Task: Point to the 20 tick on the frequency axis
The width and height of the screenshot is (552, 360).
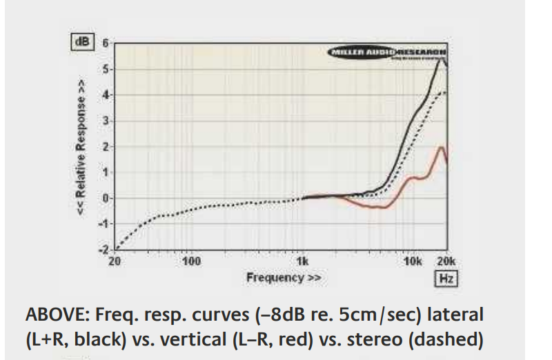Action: click(x=115, y=262)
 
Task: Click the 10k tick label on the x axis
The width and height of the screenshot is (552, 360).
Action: click(x=413, y=262)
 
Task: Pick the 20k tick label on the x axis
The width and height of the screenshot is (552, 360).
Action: click(x=446, y=262)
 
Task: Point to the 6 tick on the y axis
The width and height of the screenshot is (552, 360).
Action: click(x=106, y=43)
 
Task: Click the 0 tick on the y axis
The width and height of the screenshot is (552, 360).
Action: click(x=106, y=199)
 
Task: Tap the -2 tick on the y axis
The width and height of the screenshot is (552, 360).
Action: click(x=104, y=250)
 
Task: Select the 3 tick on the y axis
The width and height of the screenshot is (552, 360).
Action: click(x=106, y=121)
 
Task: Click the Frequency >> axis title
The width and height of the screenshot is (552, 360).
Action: click(x=284, y=277)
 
